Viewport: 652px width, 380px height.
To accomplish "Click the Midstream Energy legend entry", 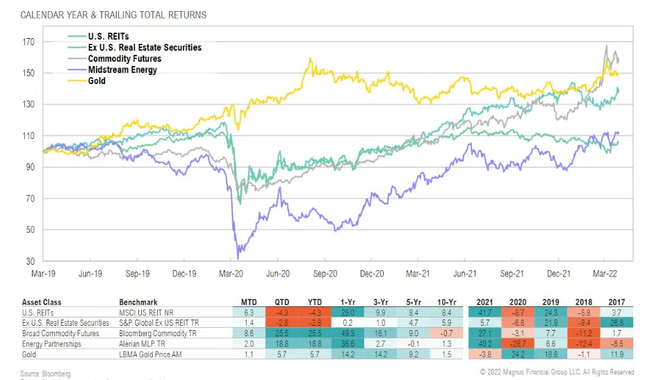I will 121,70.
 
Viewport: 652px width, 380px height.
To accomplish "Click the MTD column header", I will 248,302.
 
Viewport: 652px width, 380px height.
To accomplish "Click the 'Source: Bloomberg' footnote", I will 40,372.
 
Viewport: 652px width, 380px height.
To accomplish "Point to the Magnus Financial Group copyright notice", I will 556,372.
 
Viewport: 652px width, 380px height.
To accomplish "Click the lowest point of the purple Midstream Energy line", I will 239,258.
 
